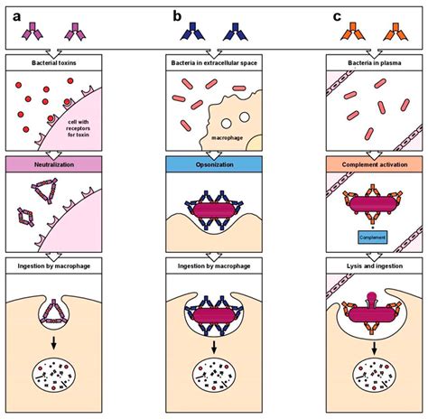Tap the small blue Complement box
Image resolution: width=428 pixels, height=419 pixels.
372,237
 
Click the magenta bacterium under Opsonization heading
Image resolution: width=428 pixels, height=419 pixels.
215,209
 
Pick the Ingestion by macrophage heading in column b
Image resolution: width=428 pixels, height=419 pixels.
215,265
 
